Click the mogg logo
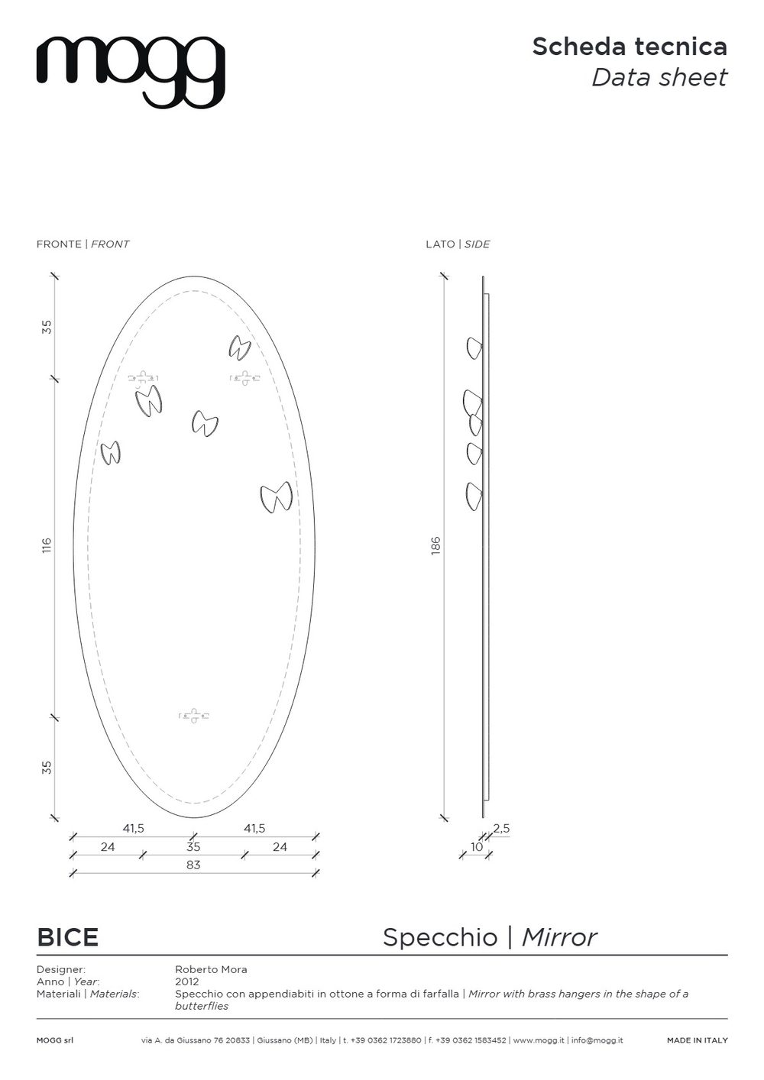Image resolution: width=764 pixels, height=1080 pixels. coord(130,73)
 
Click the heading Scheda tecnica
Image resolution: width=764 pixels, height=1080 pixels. coord(630,47)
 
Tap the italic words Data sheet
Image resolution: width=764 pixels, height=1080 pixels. coord(659,78)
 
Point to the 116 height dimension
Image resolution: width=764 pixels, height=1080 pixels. coord(47,546)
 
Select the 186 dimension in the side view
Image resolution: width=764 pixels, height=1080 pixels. coord(435,545)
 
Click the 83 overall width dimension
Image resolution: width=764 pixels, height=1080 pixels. coord(193,865)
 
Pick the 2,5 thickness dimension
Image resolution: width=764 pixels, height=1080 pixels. coord(501,828)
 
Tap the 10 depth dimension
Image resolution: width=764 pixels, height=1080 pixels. coord(477,846)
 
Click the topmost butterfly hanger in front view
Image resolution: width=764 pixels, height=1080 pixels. coord(240,348)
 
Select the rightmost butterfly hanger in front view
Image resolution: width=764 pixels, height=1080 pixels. coord(277,496)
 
